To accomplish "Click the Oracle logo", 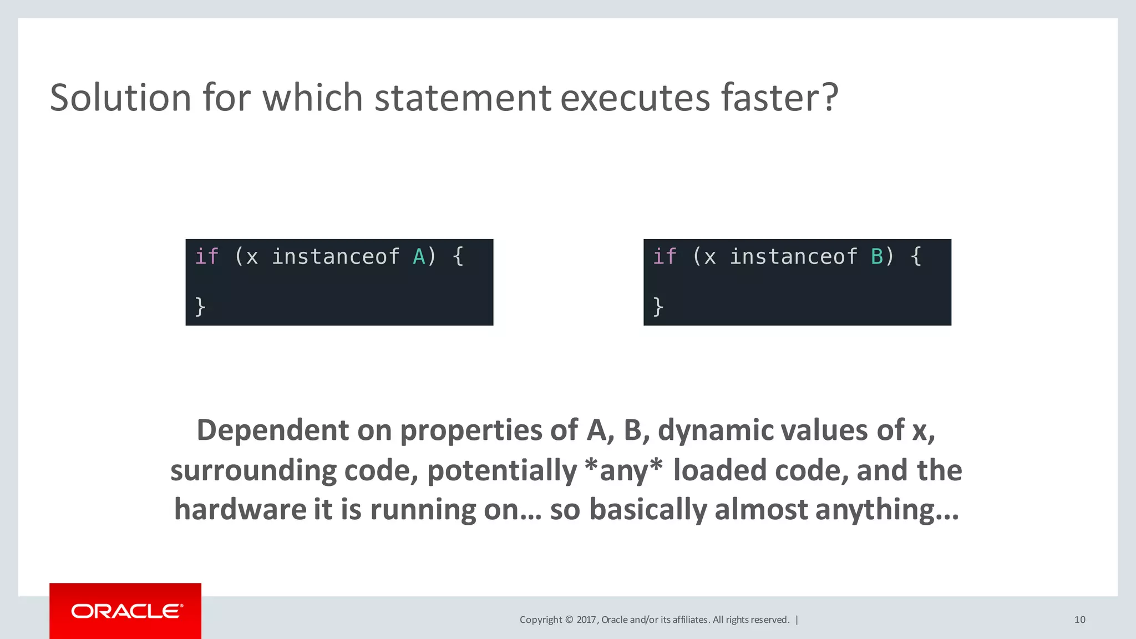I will pos(126,611).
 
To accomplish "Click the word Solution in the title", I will pos(120,98).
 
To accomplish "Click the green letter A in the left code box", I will pos(419,257).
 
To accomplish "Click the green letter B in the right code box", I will pos(877,257).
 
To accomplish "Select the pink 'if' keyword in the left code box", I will pos(207,257).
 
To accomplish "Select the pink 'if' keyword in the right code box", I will pos(665,257).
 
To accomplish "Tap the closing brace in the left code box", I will pos(200,306).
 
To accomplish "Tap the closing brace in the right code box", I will pos(658,306).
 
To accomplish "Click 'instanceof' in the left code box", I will pos(335,257).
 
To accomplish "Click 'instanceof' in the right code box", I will pos(793,257).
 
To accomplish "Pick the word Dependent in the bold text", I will pos(272,430).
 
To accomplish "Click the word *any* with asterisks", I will pos(623,470).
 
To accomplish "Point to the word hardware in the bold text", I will pos(240,509).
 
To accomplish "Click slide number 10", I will pos(1079,620).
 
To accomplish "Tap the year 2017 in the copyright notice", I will pos(586,620).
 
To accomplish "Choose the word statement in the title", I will pos(463,98).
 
